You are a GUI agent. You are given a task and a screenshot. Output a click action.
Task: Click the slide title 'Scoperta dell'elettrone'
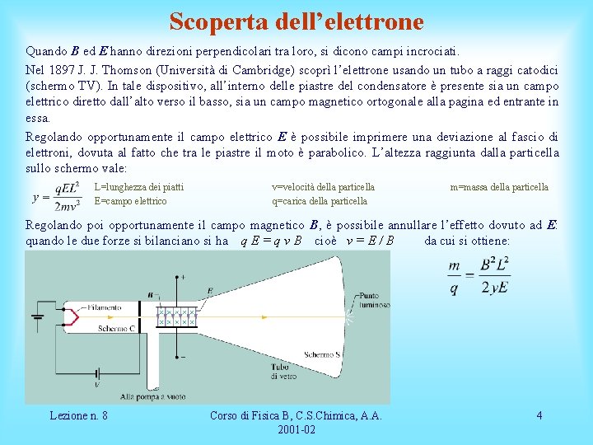(x=296, y=21)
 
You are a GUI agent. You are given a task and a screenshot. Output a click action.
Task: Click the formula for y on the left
(x=56, y=195)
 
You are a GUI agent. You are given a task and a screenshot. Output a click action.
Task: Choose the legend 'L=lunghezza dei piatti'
(x=139, y=187)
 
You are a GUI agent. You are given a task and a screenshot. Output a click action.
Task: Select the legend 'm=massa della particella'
(x=499, y=187)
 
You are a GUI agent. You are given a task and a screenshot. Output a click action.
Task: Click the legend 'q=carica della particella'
(x=320, y=201)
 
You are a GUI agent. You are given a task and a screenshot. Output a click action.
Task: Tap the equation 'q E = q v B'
(x=270, y=241)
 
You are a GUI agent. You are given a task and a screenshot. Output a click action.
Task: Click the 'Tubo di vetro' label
(x=282, y=371)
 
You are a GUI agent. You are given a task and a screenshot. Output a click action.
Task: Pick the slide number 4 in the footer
(x=539, y=415)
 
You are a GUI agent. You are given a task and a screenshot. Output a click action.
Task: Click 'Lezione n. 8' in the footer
(x=78, y=415)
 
